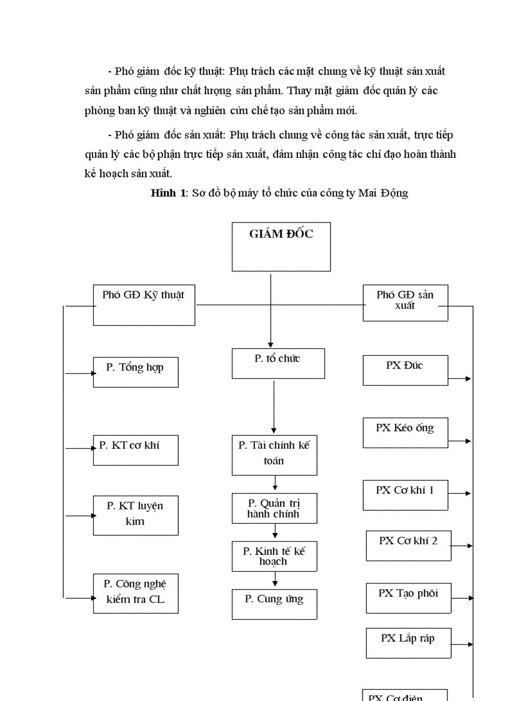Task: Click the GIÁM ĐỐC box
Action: pos(281,247)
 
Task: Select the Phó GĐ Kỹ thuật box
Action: pos(144,305)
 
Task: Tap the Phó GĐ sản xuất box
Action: pos(405,303)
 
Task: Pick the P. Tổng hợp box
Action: pos(136,372)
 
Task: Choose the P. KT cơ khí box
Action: pos(136,450)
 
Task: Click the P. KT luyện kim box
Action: pos(136,515)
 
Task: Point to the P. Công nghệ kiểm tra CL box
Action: pos(136,593)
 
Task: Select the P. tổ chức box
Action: pos(278,363)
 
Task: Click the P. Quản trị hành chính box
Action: pos(274,508)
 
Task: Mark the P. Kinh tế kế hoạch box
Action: pos(274,556)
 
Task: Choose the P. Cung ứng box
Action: pos(274,604)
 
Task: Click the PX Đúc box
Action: pos(405,370)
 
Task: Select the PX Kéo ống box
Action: pos(405,433)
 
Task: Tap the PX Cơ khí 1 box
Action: pos(405,495)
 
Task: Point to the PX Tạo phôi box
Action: pos(408,598)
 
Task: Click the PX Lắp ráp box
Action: pos(408,643)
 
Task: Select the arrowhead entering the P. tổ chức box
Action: pos(271,344)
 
